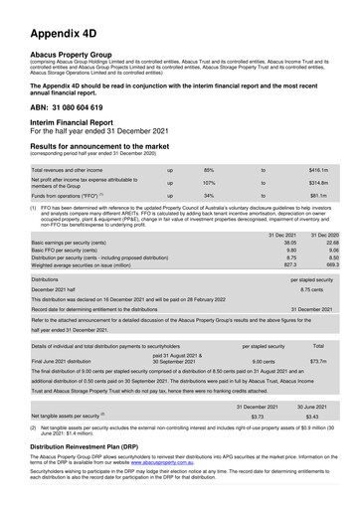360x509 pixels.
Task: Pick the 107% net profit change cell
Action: point(210,184)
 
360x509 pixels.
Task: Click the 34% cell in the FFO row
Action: point(209,197)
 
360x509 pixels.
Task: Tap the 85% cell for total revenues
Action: point(209,171)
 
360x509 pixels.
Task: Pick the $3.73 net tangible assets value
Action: point(257,417)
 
